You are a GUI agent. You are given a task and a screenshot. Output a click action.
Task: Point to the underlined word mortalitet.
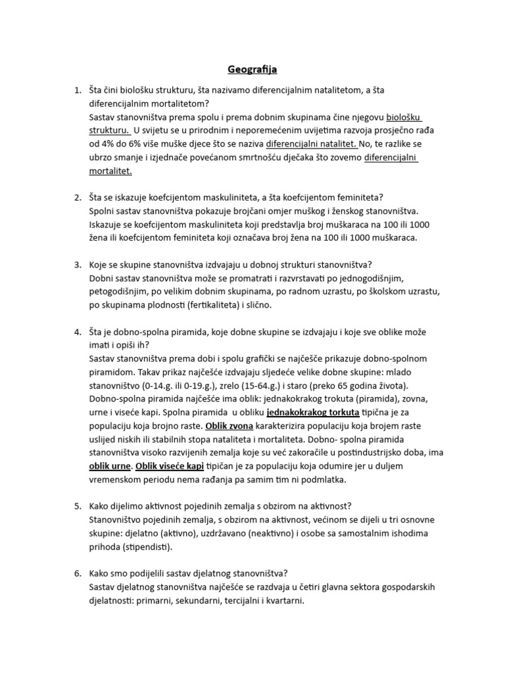(110, 172)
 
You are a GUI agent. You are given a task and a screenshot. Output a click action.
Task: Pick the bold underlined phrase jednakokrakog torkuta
(313, 413)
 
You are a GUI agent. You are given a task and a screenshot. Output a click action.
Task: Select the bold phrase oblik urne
(110, 467)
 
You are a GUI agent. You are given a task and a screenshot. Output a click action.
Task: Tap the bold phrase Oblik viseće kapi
(170, 467)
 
